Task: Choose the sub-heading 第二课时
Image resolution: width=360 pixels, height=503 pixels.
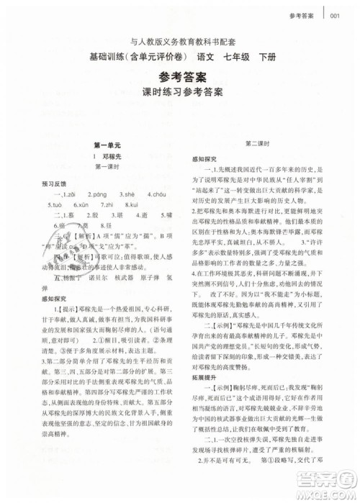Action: point(262,144)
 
